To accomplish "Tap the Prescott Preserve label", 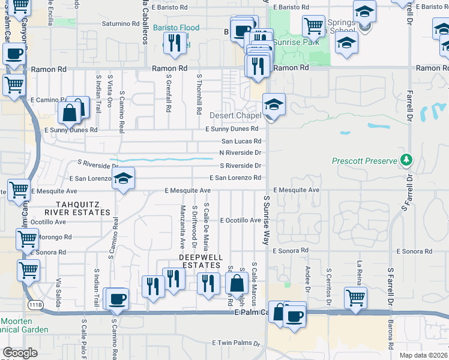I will point(364,161).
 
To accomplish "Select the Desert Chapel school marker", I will point(273,105).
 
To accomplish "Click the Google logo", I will point(20,353).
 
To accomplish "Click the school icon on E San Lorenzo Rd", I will point(123,179).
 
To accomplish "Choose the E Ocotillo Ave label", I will point(241,220).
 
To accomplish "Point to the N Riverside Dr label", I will point(240,153).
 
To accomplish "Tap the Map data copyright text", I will point(424,355).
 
